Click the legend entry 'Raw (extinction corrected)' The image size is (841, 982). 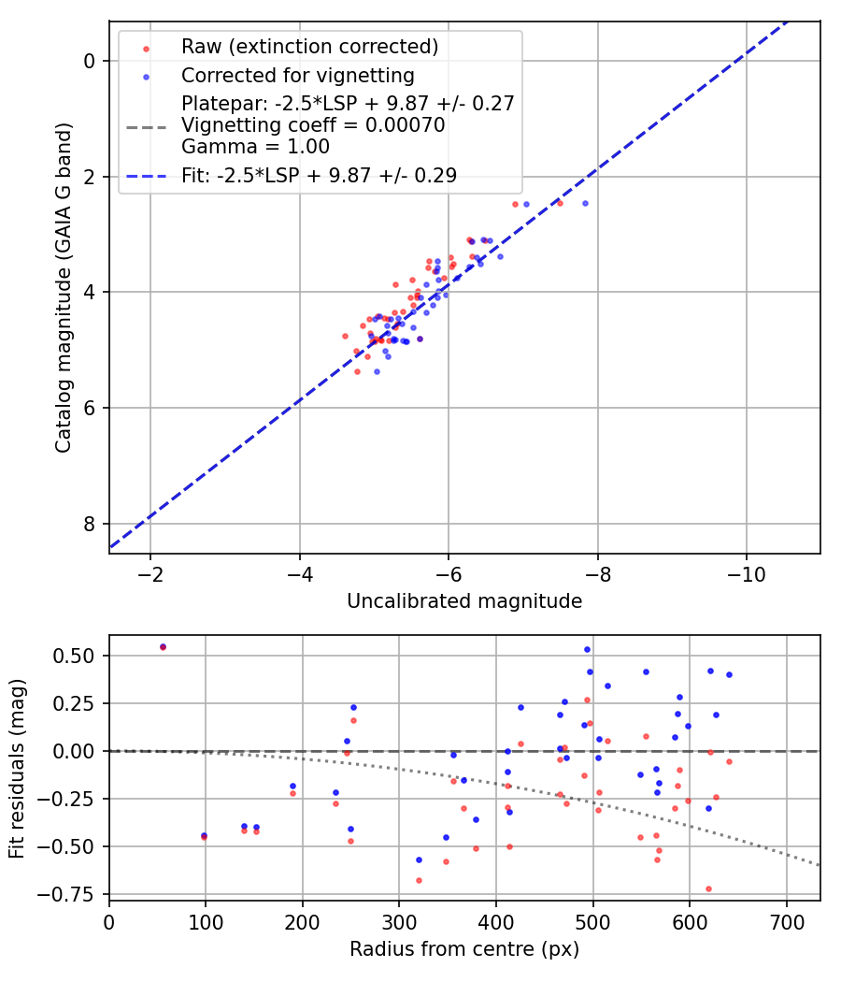[309, 47]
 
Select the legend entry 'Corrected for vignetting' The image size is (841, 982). [298, 75]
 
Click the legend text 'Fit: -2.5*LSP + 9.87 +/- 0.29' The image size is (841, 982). [319, 175]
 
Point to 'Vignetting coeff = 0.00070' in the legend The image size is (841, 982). [313, 125]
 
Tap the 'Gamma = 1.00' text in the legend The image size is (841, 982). [255, 147]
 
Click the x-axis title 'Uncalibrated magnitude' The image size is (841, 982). [464, 601]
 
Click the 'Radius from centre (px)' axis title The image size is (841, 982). [464, 949]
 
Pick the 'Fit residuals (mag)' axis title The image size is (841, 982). [18, 767]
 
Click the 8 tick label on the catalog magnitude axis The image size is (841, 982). [91, 524]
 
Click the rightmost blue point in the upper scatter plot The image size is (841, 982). [585, 203]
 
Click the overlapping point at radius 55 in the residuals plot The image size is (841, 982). [163, 646]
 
